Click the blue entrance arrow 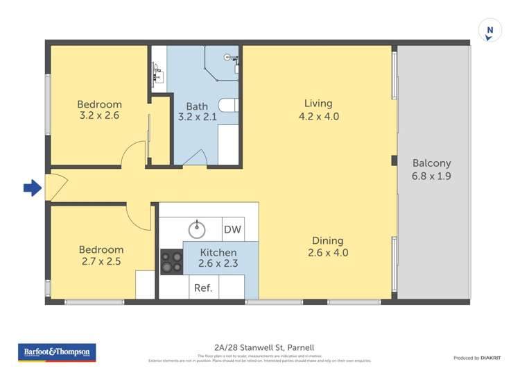pyautogui.click(x=32, y=188)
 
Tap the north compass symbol pyautogui.click(x=489, y=31)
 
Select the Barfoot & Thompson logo pyautogui.click(x=57, y=352)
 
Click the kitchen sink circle pyautogui.click(x=198, y=228)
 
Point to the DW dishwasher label pyautogui.click(x=232, y=229)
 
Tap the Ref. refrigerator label pyautogui.click(x=202, y=288)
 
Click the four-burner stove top pyautogui.click(x=171, y=262)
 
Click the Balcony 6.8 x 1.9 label pyautogui.click(x=431, y=170)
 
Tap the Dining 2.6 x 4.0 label pyautogui.click(x=327, y=247)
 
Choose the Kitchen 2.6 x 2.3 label pyautogui.click(x=218, y=258)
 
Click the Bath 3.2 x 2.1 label pyautogui.click(x=197, y=112)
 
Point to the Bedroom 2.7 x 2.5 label pyautogui.click(x=101, y=255)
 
